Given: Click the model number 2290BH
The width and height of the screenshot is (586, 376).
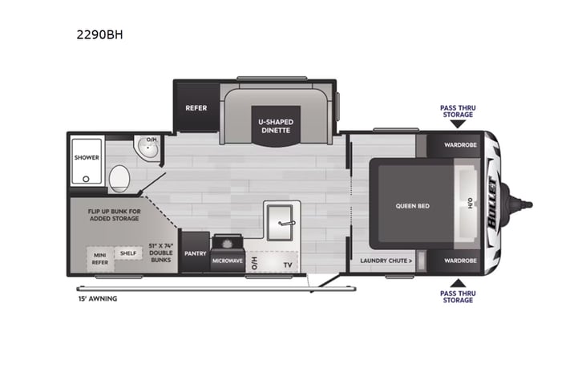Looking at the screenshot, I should tap(100, 35).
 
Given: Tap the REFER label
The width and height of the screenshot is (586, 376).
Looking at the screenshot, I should tap(196, 107).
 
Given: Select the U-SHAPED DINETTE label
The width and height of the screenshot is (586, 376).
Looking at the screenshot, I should tap(276, 125).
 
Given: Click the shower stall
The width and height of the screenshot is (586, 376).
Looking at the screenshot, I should tap(87, 158).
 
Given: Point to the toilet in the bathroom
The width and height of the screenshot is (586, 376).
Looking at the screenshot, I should tap(119, 176).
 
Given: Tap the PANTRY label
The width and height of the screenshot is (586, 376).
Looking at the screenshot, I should tap(195, 253).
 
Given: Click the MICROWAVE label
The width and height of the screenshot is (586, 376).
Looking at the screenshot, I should tap(227, 261).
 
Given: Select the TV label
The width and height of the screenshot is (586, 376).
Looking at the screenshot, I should tap(285, 263).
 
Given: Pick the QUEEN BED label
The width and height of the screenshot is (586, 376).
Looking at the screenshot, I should tap(412, 206).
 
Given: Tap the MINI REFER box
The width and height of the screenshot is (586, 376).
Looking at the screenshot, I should tap(99, 257).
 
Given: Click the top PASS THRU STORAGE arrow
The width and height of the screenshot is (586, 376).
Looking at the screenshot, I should tap(457, 123).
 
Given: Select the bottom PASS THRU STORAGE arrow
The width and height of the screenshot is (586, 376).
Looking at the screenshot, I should tap(457, 283).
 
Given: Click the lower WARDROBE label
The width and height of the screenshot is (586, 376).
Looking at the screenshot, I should tap(460, 261).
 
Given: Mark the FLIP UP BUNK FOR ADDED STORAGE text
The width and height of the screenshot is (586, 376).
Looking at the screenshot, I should tap(114, 214).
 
